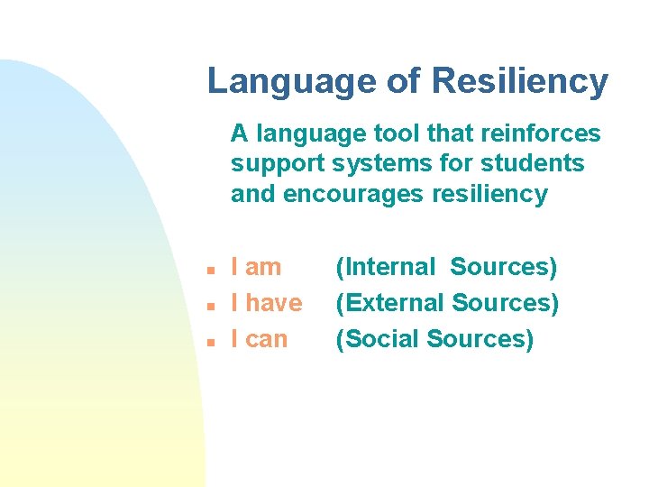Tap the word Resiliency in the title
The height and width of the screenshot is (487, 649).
[520, 81]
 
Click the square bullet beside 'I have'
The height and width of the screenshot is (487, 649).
[208, 306]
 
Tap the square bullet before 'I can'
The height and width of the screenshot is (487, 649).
[208, 342]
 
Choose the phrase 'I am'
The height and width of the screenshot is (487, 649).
[256, 267]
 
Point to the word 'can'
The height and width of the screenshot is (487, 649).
[266, 340]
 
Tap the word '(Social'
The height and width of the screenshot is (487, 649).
[379, 339]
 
